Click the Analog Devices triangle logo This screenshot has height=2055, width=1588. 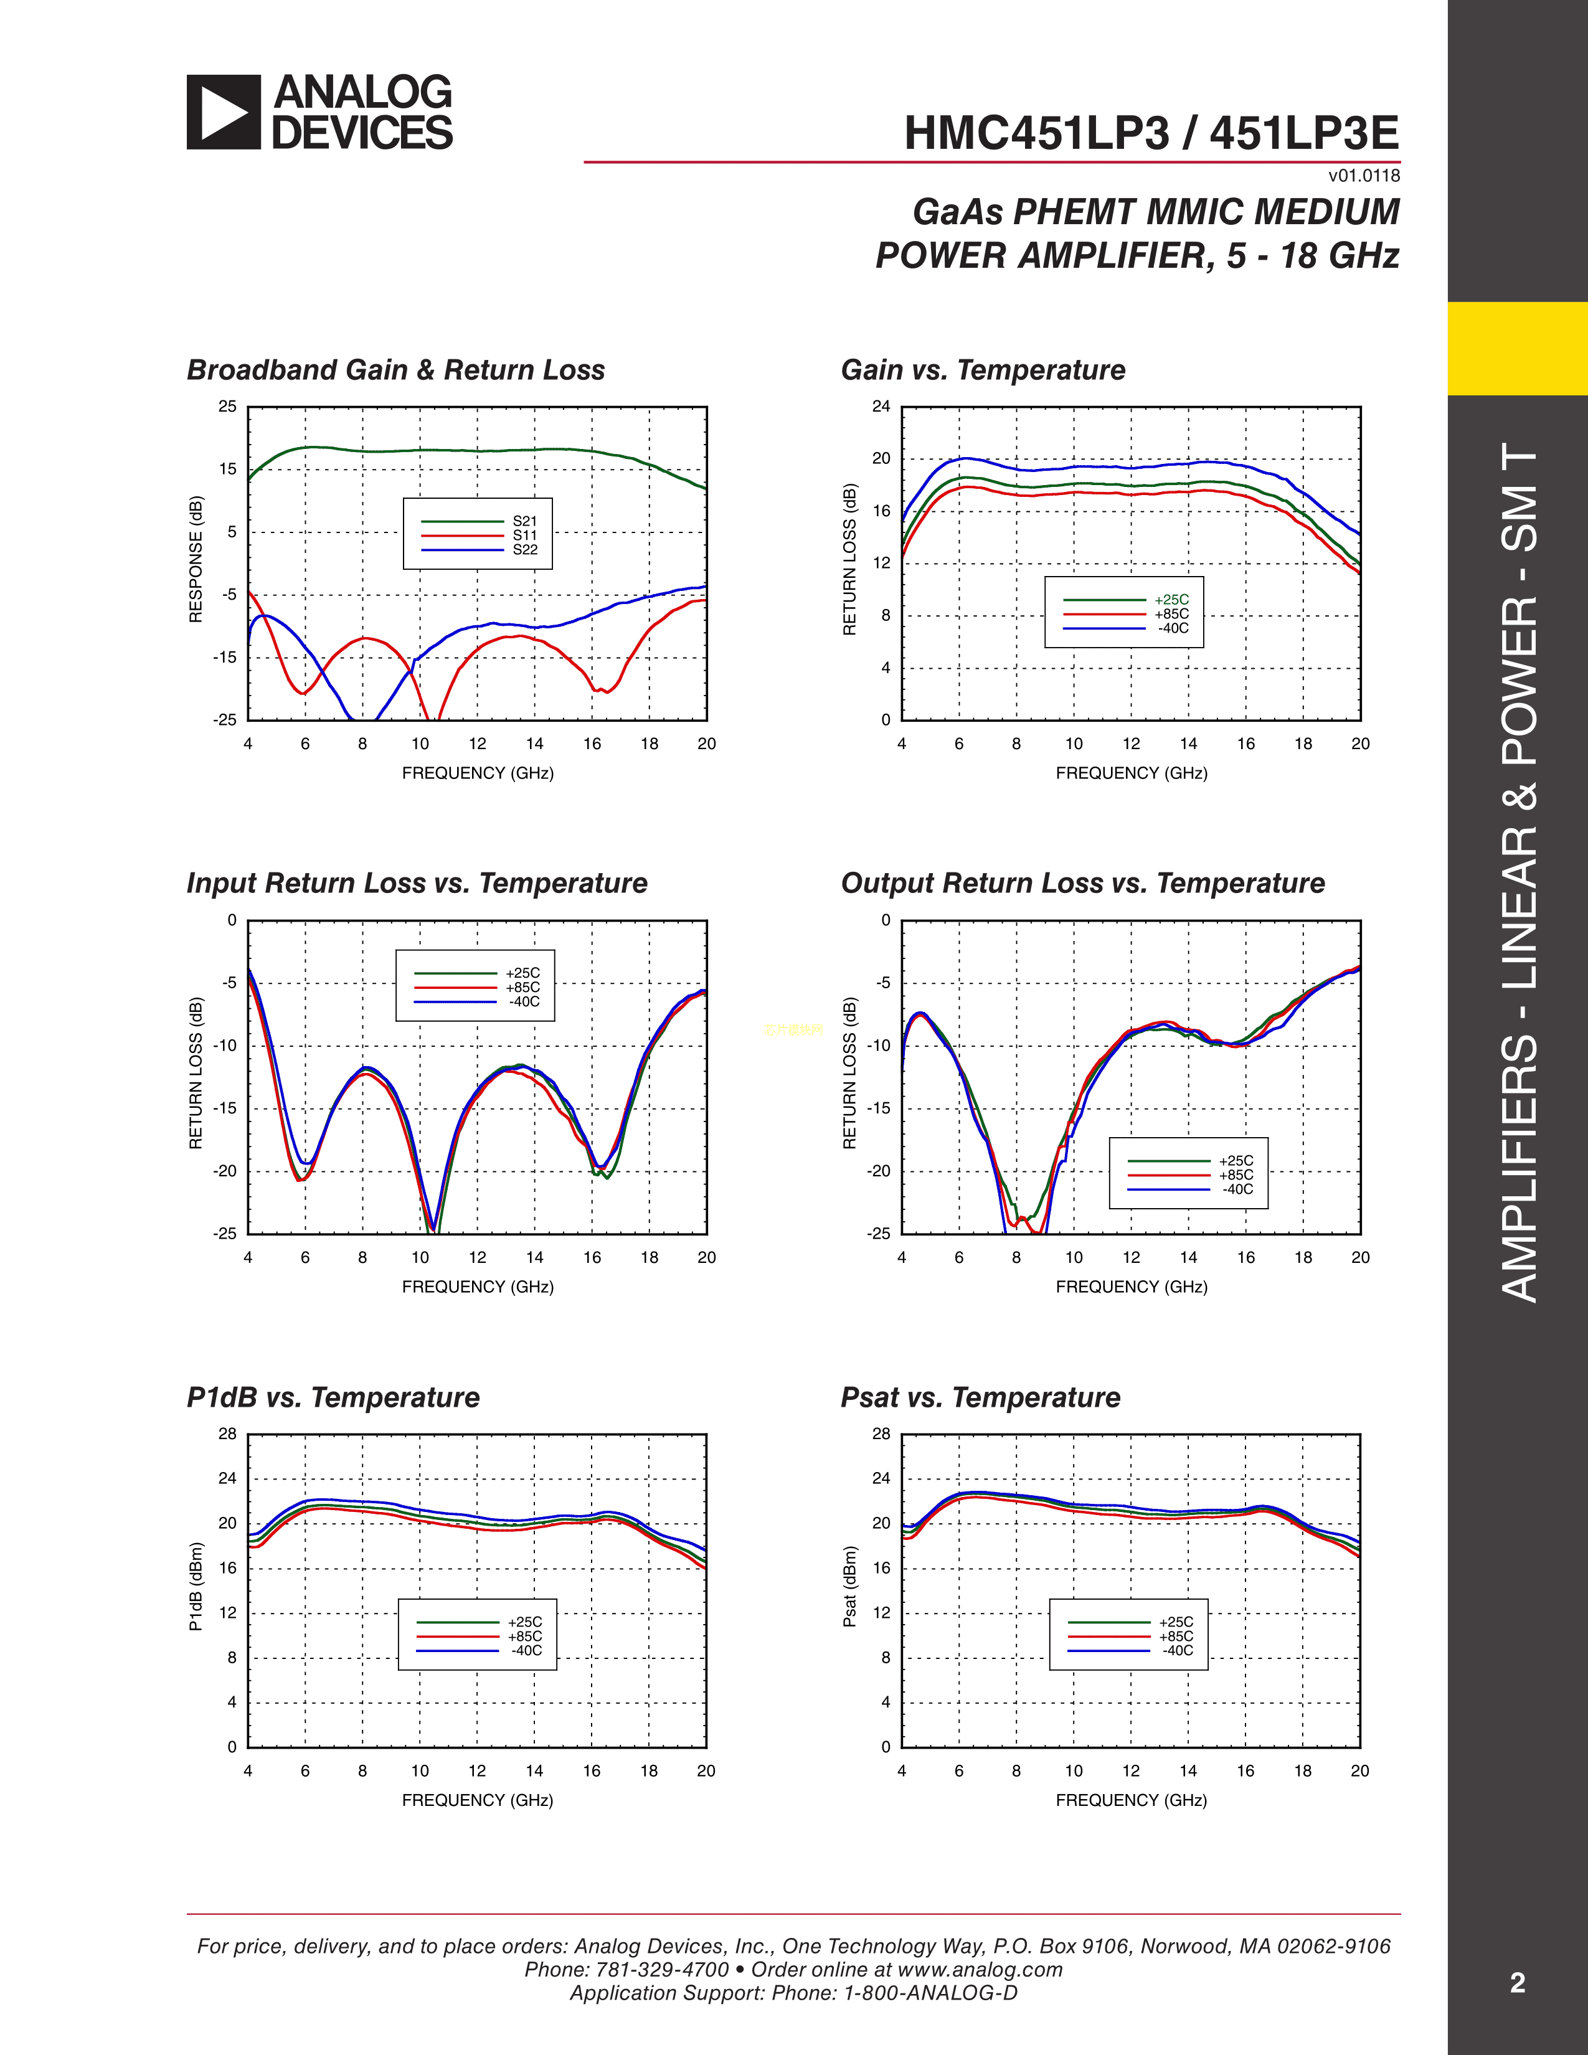click(223, 112)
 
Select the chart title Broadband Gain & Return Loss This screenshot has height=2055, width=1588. click(395, 370)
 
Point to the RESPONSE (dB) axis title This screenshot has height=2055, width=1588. click(196, 559)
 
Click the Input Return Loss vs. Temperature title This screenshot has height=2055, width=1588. click(417, 884)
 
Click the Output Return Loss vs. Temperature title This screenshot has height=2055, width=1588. click(1082, 884)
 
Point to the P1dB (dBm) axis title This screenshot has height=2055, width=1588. click(196, 1587)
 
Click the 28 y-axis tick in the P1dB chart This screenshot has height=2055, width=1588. click(227, 1434)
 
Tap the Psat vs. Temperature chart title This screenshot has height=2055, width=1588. click(980, 1397)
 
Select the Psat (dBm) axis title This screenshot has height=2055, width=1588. click(849, 1587)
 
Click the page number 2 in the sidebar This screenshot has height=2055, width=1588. click(1516, 1983)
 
